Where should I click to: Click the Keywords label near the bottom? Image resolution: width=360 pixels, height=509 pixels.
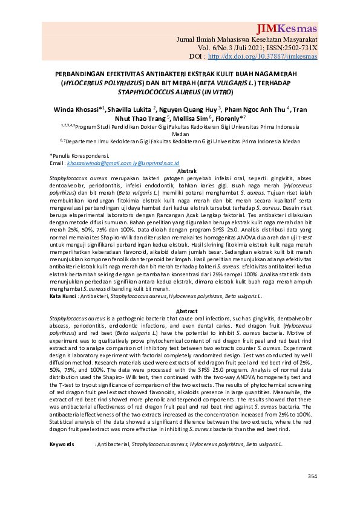(61, 444)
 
